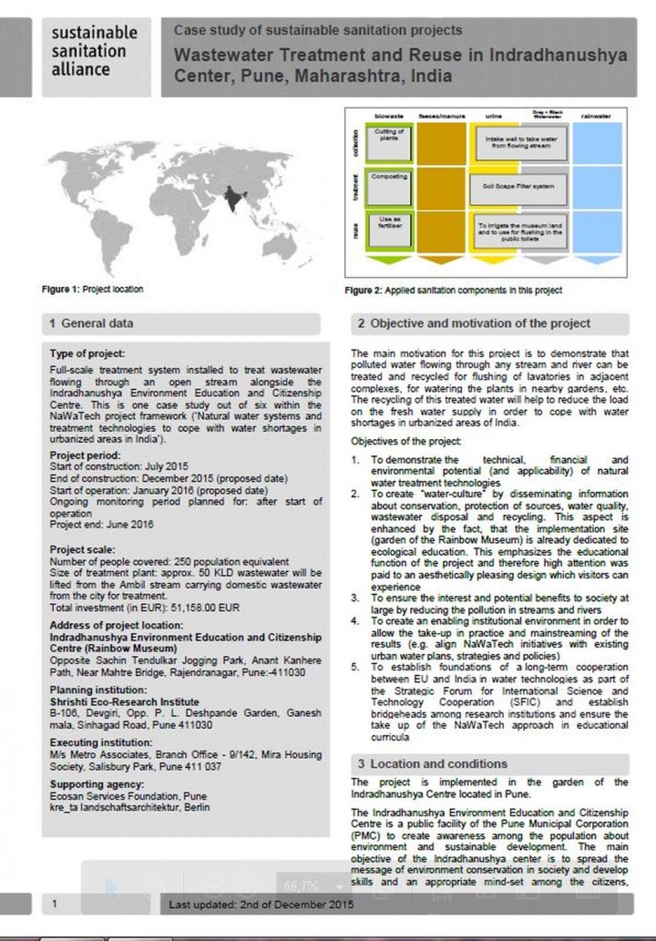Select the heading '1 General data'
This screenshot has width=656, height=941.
pos(91,323)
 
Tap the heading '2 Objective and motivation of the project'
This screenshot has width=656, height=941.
pos(474,323)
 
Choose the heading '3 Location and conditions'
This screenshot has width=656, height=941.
pos(432,763)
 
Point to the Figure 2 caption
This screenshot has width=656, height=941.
pos(454,291)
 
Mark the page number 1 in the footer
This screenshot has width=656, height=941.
pos(56,903)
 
